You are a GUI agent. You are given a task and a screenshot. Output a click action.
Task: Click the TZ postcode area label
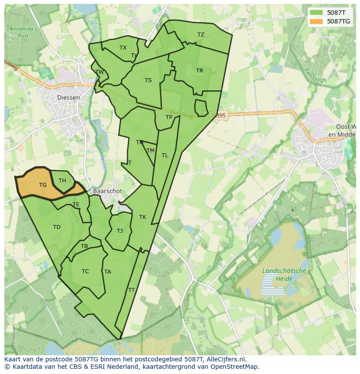(x=200, y=35)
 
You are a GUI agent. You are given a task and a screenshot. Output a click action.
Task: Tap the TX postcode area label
(x=123, y=48)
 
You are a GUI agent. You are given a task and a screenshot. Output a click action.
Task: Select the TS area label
(x=148, y=80)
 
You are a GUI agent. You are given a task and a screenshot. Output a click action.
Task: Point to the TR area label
(x=200, y=71)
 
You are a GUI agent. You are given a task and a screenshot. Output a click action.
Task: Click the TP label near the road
(x=169, y=117)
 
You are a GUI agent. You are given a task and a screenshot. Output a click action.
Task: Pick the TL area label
(x=165, y=156)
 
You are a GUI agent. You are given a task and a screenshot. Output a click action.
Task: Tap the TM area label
(x=150, y=151)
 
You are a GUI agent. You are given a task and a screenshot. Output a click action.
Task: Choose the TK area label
(x=143, y=217)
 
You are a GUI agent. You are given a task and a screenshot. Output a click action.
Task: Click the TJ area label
(x=120, y=231)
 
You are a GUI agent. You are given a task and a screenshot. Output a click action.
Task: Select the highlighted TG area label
(x=43, y=185)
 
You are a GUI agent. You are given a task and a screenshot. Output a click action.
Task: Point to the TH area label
(x=62, y=181)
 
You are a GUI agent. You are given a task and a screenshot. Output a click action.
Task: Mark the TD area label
(x=57, y=227)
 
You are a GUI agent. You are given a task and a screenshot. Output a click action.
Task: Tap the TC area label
(x=85, y=271)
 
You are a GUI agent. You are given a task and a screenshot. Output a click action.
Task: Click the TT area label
(x=131, y=290)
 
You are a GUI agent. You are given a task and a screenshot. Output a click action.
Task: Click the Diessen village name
(x=69, y=98)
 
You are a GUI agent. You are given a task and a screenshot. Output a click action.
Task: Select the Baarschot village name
(x=107, y=191)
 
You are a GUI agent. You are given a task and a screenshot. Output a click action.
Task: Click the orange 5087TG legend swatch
(x=316, y=21)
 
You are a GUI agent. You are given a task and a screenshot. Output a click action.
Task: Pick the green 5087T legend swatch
(x=316, y=13)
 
